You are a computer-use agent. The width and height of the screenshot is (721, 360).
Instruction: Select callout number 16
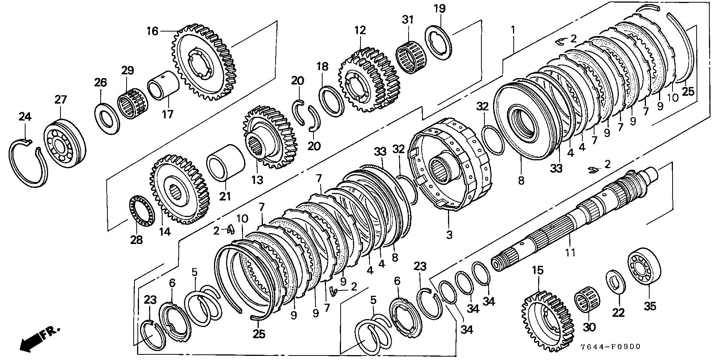pyautogui.click(x=152, y=31)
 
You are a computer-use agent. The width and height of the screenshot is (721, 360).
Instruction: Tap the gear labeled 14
pyautogui.click(x=180, y=189)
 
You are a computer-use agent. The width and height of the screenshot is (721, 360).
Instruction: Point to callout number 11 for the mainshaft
pyautogui.click(x=570, y=252)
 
